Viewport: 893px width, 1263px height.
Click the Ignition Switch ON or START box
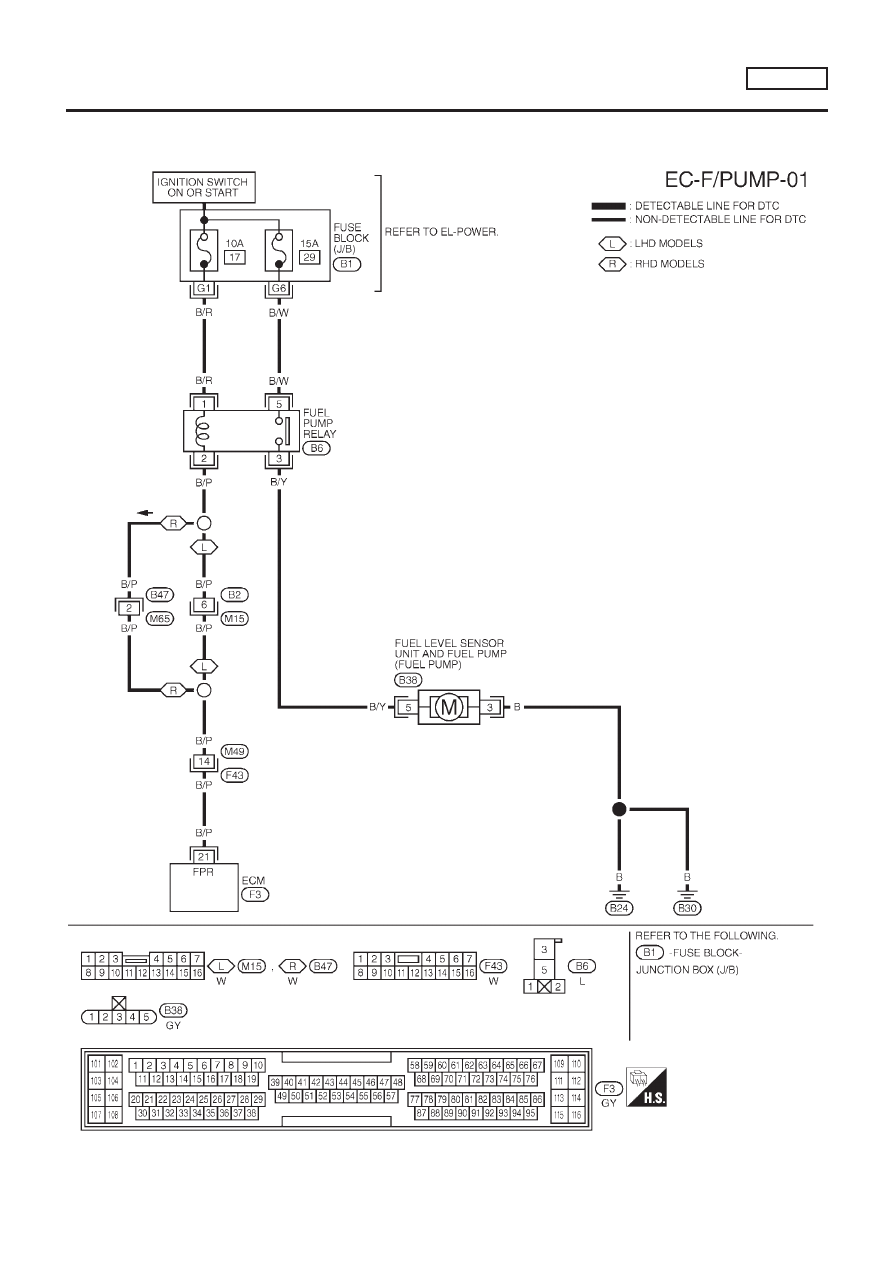point(204,187)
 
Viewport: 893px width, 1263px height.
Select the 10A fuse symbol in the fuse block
point(204,250)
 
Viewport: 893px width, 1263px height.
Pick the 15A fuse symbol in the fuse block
point(278,250)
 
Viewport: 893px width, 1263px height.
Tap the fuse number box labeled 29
point(309,257)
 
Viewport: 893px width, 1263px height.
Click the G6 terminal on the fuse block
point(278,289)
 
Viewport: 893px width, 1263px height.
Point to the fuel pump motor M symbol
point(449,706)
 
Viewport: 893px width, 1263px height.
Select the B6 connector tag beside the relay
point(316,448)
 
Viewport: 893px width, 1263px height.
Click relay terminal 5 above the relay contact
point(278,404)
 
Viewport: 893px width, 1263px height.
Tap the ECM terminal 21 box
point(204,856)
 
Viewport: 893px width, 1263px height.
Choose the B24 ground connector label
point(618,908)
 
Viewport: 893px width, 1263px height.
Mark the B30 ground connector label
point(687,908)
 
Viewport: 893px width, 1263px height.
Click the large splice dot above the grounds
point(619,809)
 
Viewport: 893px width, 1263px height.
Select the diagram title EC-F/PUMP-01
point(736,180)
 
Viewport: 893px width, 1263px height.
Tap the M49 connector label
point(235,751)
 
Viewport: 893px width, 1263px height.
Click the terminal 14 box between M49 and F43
point(204,762)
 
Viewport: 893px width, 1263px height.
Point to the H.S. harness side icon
point(646,1087)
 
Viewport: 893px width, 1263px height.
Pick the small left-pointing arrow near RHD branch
point(145,513)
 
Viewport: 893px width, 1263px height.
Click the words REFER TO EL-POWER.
point(441,232)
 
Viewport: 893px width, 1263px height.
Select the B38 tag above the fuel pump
point(408,680)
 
